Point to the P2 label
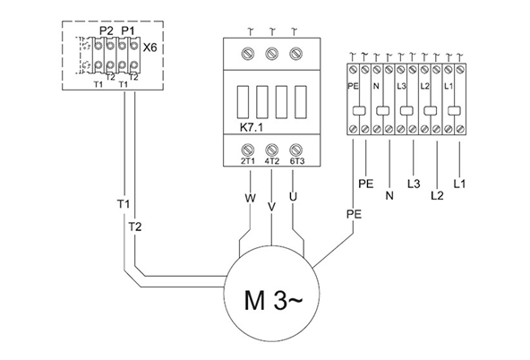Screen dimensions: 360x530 pyautogui.click(x=105, y=30)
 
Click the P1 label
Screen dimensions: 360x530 pyautogui.click(x=126, y=30)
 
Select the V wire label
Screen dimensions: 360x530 pyautogui.click(x=270, y=206)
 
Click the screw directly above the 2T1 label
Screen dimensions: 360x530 pyautogui.click(x=246, y=150)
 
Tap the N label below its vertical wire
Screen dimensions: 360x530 pyautogui.click(x=389, y=193)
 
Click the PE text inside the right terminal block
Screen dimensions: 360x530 pyautogui.click(x=352, y=87)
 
